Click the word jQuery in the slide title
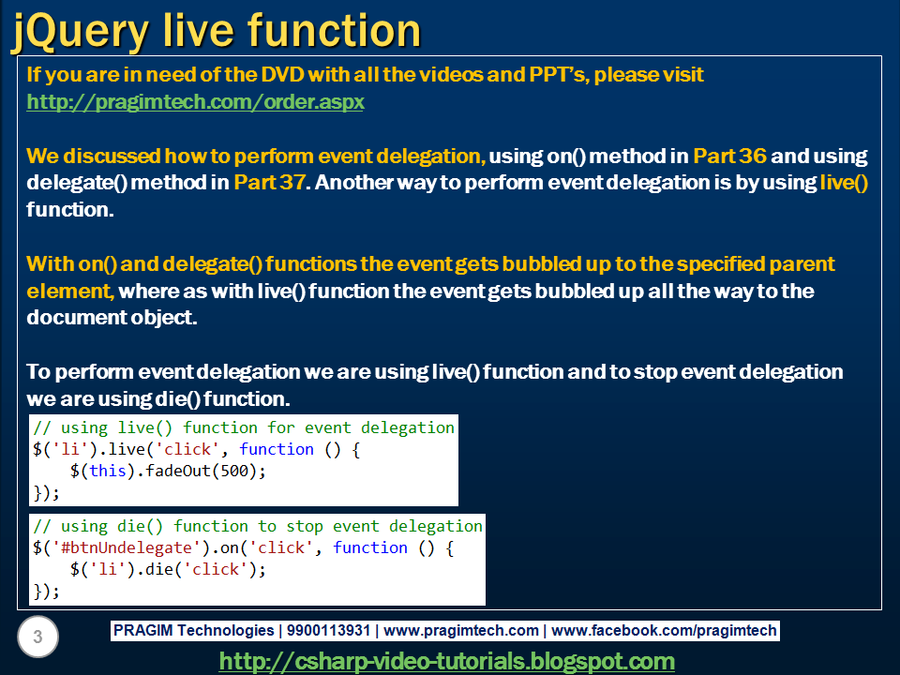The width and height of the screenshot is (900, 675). pos(80,30)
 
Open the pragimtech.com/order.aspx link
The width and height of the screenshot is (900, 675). pos(195,102)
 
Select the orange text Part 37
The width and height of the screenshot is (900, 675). pos(270,183)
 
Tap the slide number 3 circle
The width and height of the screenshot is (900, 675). pos(37,638)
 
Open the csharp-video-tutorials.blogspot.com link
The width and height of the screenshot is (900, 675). pos(446,661)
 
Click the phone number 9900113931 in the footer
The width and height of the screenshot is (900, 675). pos(327,631)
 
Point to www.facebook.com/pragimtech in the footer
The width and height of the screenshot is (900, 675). pos(667,631)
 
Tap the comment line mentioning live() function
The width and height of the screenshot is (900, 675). pos(244,427)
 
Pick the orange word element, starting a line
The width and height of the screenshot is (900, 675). pos(69,292)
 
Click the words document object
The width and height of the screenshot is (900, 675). pos(111,318)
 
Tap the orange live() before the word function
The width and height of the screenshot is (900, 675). pos(844,183)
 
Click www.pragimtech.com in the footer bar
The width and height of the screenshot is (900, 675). pos(461,631)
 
